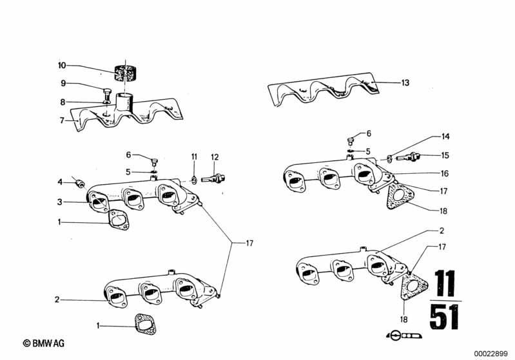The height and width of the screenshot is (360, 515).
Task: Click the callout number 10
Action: tap(62, 66)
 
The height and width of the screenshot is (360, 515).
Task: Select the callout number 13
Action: tap(405, 83)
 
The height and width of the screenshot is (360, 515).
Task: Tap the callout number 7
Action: tap(62, 120)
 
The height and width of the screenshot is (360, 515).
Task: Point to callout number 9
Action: tap(64, 83)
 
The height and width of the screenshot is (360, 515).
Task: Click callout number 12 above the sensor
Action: tap(215, 156)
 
